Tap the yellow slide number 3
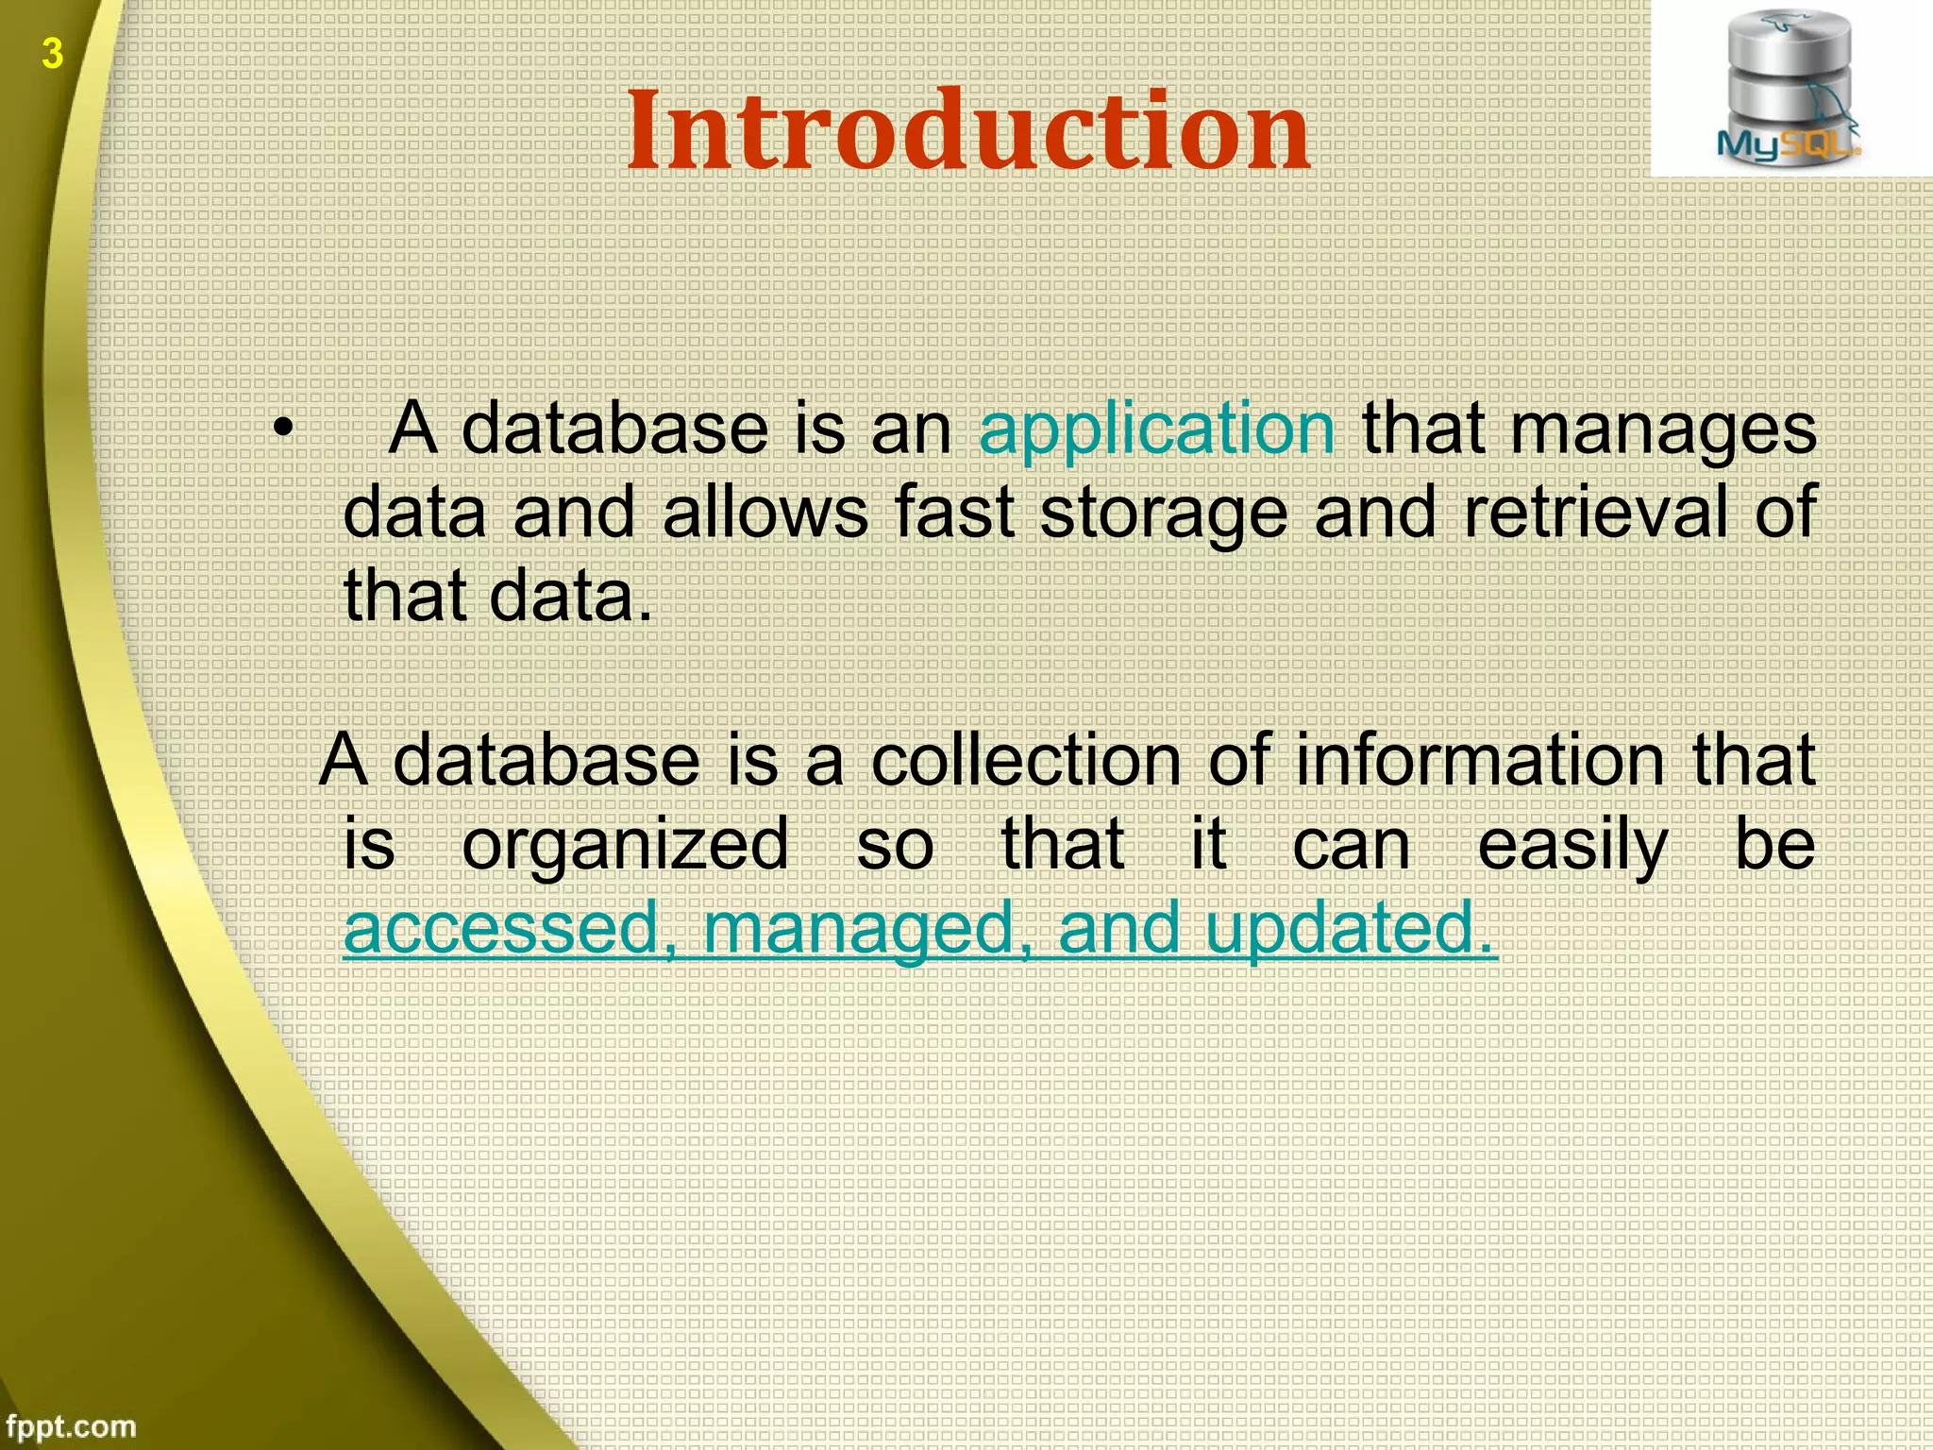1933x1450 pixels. [x=53, y=54]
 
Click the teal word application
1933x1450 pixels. [x=1157, y=430]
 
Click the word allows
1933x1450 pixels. [x=765, y=513]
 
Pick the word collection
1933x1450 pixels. [x=1025, y=760]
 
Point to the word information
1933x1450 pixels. [x=1479, y=760]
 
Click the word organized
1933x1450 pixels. [x=625, y=845]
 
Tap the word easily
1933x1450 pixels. [x=1572, y=845]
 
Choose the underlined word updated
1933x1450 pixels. [x=1350, y=928]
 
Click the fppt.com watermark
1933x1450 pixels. [x=70, y=1425]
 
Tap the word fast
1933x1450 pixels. [x=954, y=513]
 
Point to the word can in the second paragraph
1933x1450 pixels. [x=1351, y=845]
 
